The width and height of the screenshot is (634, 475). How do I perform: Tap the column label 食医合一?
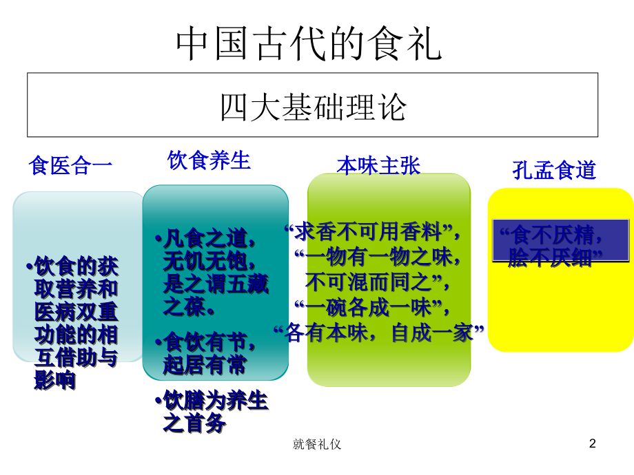[70, 166]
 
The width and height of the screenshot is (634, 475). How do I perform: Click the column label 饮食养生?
[209, 161]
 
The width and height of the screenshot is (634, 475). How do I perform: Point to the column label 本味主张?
[378, 165]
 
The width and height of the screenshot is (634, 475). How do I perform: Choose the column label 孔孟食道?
[554, 170]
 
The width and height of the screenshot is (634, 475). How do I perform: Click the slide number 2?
[592, 444]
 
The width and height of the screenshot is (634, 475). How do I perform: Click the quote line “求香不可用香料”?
[373, 231]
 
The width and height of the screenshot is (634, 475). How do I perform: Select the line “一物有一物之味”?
[378, 257]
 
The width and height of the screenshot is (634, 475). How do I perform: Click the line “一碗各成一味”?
[373, 306]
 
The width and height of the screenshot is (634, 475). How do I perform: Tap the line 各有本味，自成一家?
[378, 333]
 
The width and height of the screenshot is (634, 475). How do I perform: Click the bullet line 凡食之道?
[207, 239]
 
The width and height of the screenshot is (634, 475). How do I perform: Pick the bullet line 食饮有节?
[207, 342]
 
